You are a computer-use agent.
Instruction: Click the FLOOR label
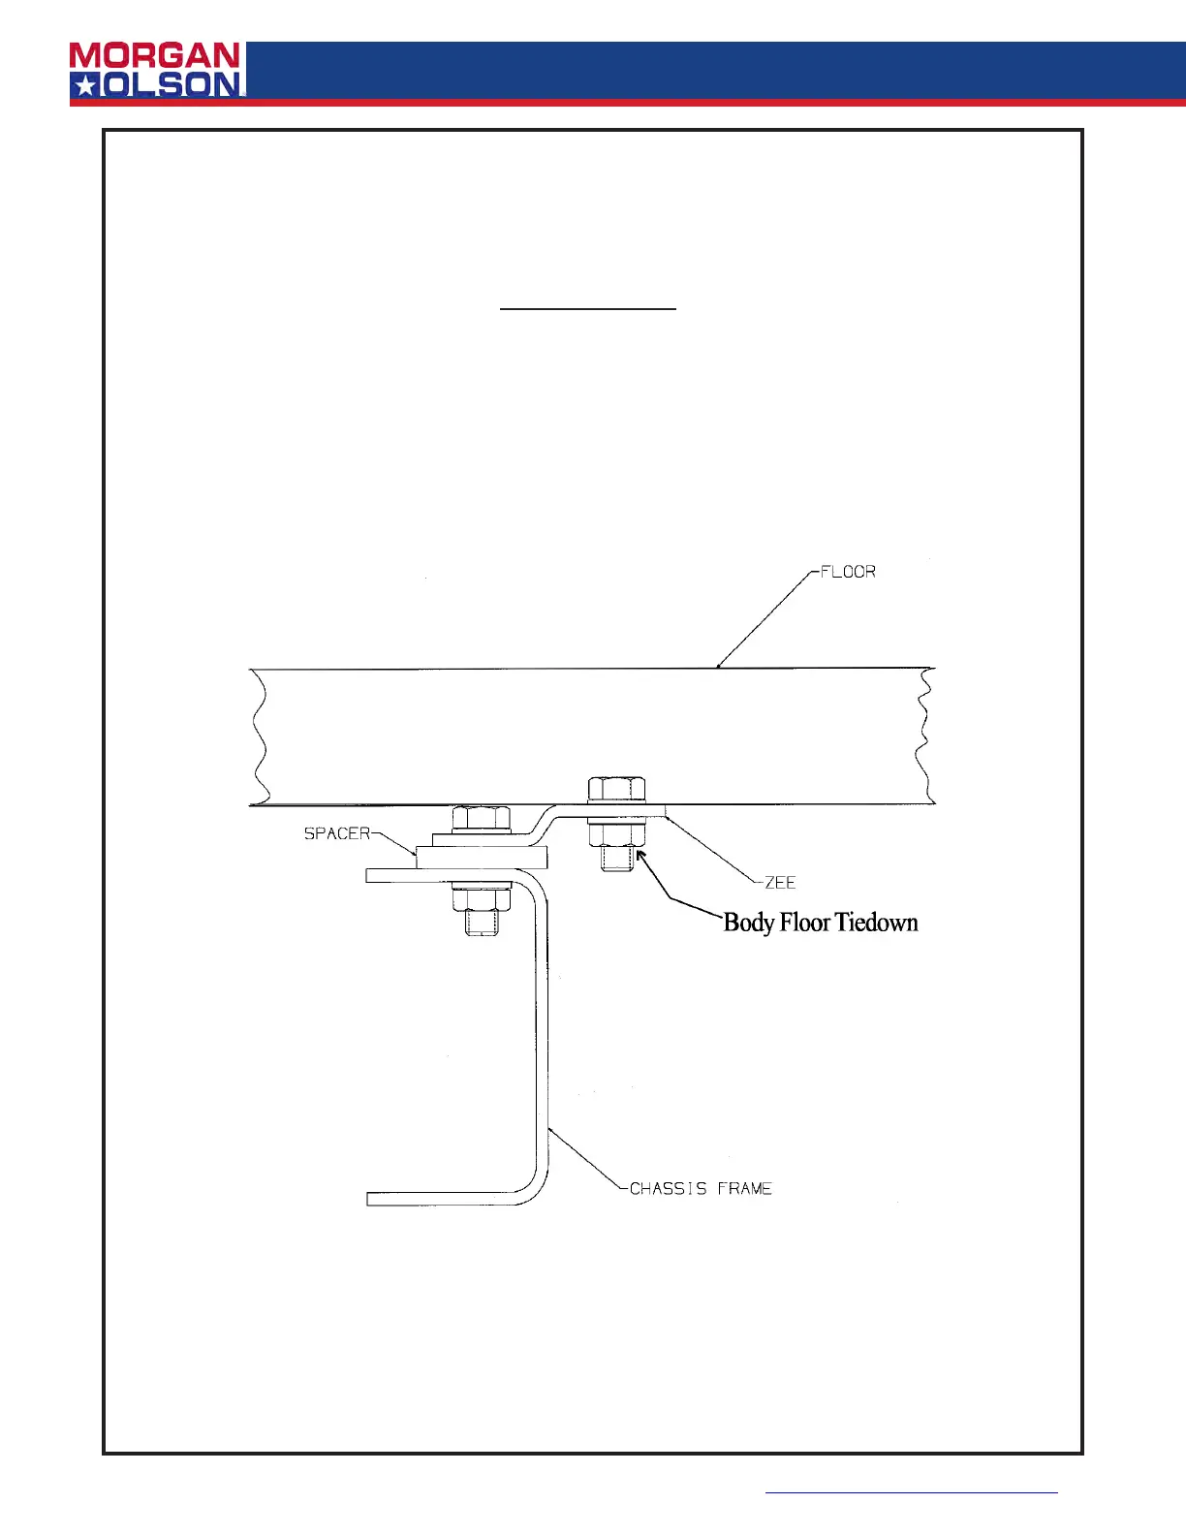848,572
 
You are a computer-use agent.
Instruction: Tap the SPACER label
337,833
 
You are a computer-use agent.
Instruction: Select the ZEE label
780,883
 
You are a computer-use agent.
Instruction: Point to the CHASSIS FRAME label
701,1188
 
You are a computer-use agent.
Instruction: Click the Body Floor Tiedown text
821,923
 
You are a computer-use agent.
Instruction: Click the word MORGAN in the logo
155,56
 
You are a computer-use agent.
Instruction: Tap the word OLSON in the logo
172,85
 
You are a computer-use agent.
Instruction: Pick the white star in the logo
85,85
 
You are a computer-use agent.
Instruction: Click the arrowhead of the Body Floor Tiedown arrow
640,854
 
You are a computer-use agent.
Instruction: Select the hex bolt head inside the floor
616,789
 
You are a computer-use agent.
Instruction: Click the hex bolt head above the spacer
482,818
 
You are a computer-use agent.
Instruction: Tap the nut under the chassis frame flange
482,899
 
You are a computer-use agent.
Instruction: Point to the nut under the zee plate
616,834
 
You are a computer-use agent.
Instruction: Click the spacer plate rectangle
482,858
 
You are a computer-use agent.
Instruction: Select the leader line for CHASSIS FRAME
585,1158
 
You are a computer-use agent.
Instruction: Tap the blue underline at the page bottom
911,1492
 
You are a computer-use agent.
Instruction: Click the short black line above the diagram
587,308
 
